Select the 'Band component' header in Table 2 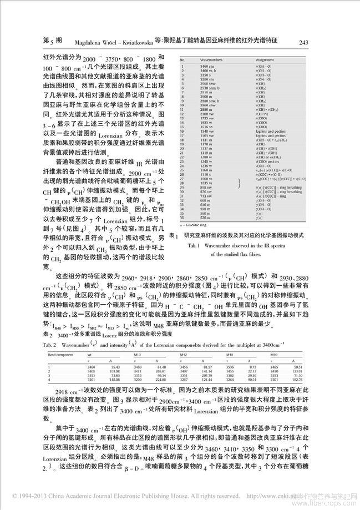click(x=58, y=354)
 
